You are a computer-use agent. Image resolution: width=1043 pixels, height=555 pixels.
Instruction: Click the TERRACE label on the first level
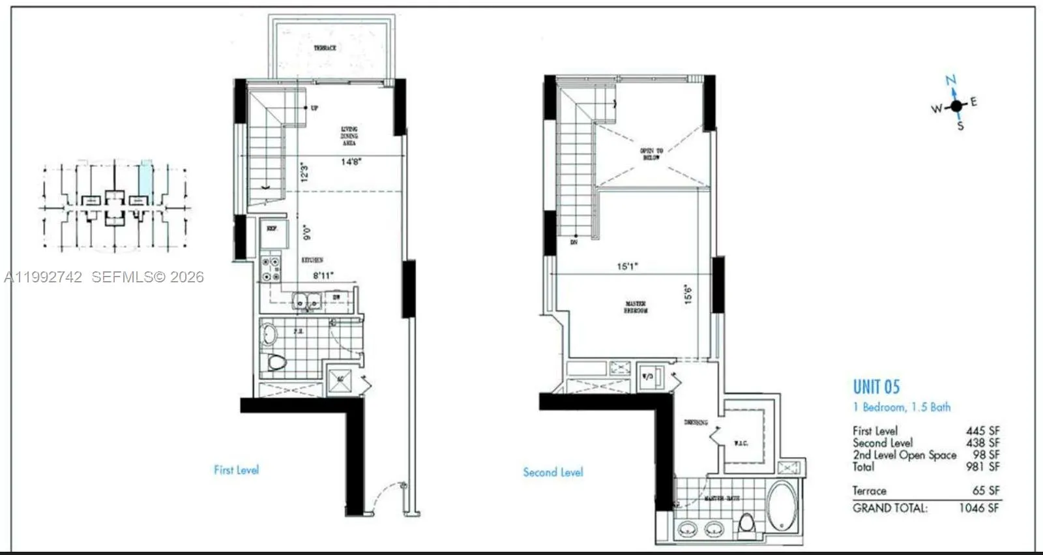pyautogui.click(x=325, y=48)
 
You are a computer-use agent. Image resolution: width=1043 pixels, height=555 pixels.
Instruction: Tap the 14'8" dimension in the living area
pyautogui.click(x=351, y=161)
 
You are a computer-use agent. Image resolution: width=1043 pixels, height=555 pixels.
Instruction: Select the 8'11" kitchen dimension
pyautogui.click(x=323, y=275)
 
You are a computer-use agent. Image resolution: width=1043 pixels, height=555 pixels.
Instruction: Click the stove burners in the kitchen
pyautogui.click(x=271, y=269)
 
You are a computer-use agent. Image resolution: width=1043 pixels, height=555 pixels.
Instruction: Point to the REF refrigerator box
pyautogui.click(x=272, y=230)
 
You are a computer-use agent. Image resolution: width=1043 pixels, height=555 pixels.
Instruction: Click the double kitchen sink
pyautogui.click(x=306, y=301)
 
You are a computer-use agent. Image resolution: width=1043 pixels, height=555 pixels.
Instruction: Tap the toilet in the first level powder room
pyautogui.click(x=277, y=362)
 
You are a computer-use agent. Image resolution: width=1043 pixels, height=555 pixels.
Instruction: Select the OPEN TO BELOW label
pyautogui.click(x=651, y=154)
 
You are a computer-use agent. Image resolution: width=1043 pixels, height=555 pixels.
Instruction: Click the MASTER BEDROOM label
pyautogui.click(x=636, y=307)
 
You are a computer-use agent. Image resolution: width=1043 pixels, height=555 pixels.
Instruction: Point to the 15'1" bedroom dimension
pyautogui.click(x=627, y=266)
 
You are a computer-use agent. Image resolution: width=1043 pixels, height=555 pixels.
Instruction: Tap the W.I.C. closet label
pyautogui.click(x=741, y=443)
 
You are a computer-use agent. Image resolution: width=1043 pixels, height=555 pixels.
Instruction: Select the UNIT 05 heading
pyautogui.click(x=876, y=387)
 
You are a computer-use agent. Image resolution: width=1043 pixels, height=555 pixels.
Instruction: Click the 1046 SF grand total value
pyautogui.click(x=978, y=508)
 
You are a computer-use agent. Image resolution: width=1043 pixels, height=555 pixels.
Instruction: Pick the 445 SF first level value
pyautogui.click(x=982, y=431)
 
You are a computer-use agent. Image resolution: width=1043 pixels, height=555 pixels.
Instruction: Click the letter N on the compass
pyautogui.click(x=951, y=80)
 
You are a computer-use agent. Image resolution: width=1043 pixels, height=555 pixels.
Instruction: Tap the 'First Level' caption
pyautogui.click(x=236, y=470)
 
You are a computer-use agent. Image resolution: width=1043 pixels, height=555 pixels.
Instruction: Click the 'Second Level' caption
pyautogui.click(x=553, y=472)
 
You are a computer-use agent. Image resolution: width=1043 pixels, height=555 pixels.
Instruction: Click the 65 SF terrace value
pyautogui.click(x=986, y=490)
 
